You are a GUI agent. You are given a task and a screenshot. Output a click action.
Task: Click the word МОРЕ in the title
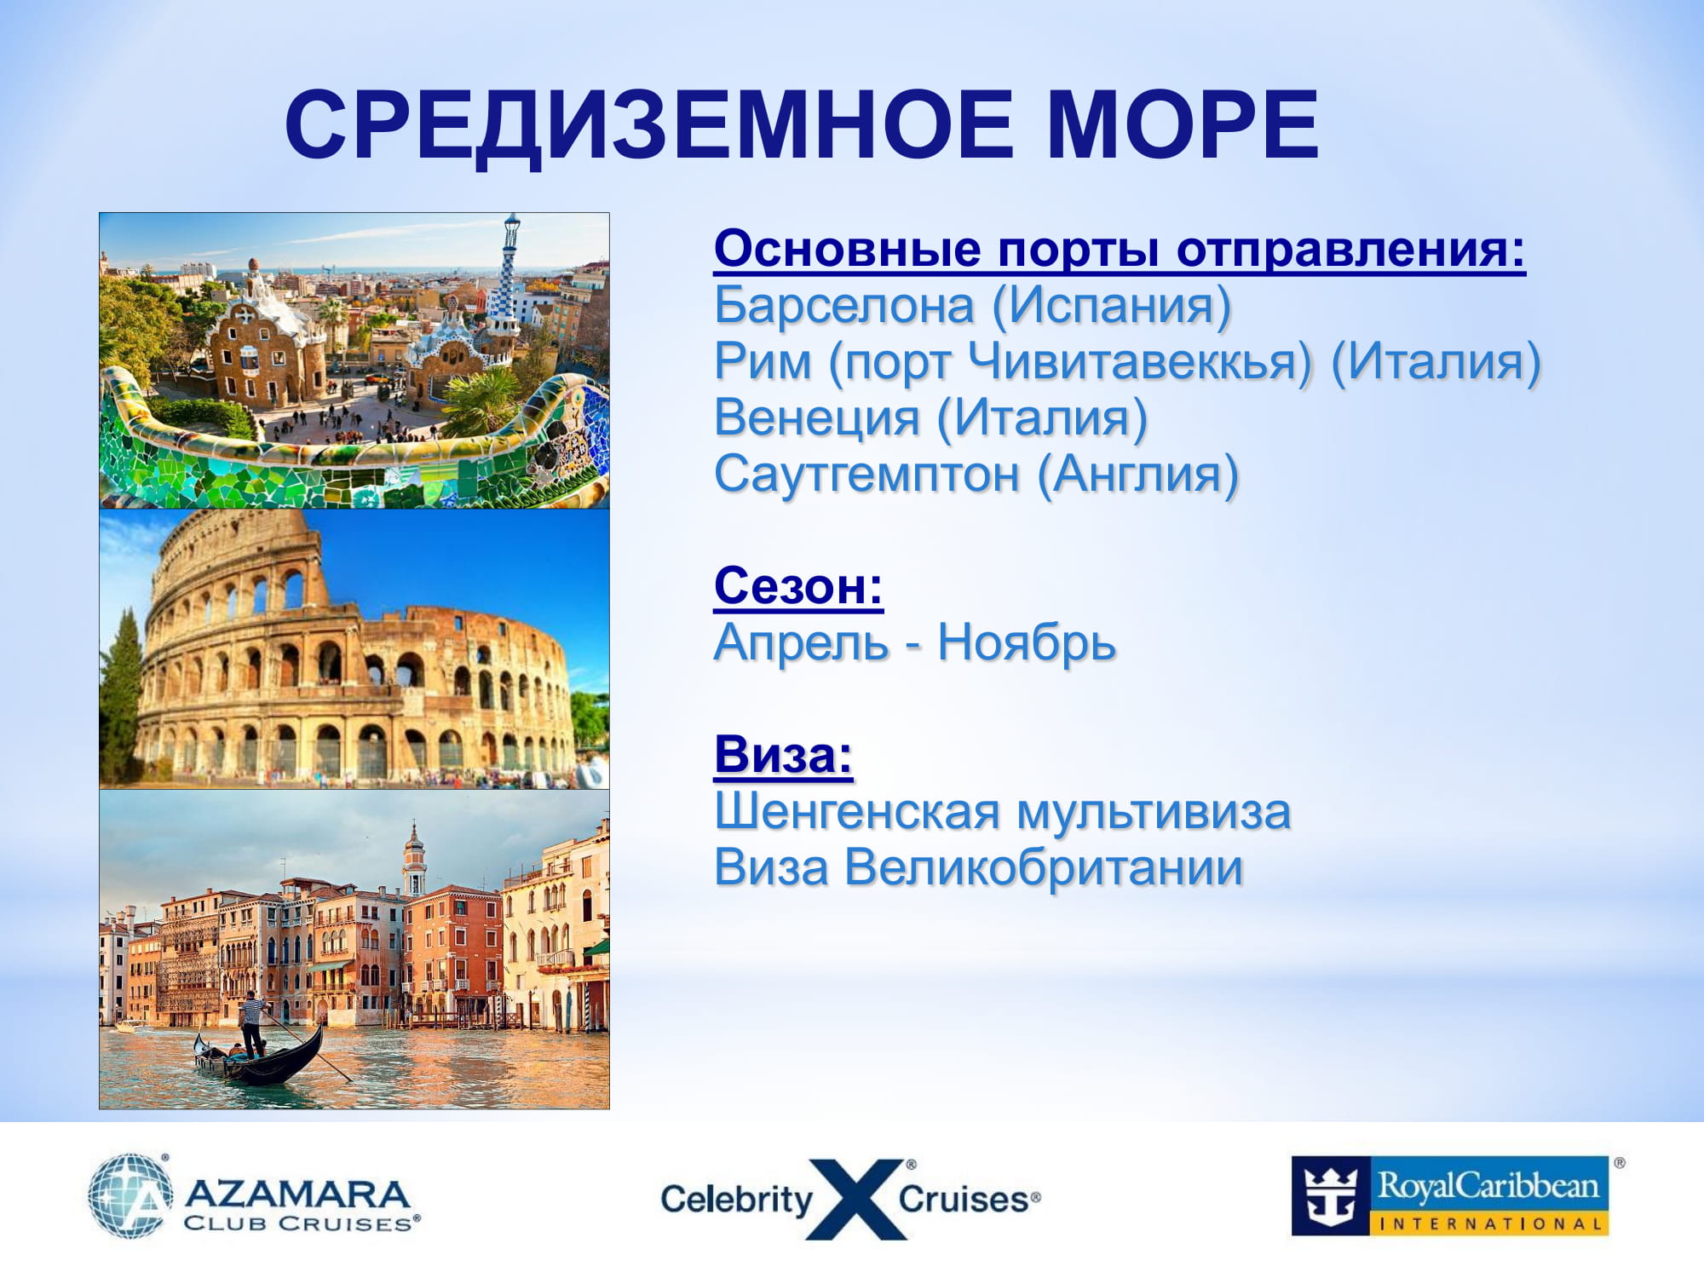[1183, 125]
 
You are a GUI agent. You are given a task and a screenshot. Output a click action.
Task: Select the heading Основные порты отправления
[1120, 250]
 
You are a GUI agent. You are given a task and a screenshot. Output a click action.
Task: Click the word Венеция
[816, 417]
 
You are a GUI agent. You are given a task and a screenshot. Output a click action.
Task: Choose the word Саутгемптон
[866, 474]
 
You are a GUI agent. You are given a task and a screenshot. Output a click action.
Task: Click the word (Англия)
[1138, 474]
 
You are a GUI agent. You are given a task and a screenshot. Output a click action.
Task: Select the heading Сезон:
[798, 586]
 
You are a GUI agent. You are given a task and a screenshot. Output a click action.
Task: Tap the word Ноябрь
[1027, 642]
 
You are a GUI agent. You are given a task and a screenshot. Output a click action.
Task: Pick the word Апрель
[801, 644]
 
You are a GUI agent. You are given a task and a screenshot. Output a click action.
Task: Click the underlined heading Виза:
[783, 755]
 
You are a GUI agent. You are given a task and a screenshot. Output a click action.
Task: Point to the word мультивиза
[1154, 813]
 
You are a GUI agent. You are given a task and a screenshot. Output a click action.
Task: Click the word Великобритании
[1044, 868]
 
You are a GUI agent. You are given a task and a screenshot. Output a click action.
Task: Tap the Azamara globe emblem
[130, 1195]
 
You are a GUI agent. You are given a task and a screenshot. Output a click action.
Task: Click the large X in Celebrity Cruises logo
[855, 1199]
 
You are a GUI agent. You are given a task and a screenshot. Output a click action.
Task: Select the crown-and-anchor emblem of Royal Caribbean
[1330, 1195]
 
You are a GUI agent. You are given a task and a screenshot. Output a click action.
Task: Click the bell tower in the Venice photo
[414, 856]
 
